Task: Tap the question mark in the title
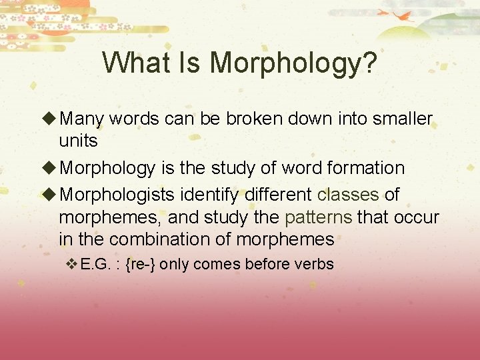click(369, 63)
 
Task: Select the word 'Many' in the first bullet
click(82, 119)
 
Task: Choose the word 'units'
click(78, 141)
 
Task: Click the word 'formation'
click(366, 168)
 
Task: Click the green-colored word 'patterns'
click(319, 217)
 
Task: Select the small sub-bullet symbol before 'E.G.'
click(71, 264)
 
